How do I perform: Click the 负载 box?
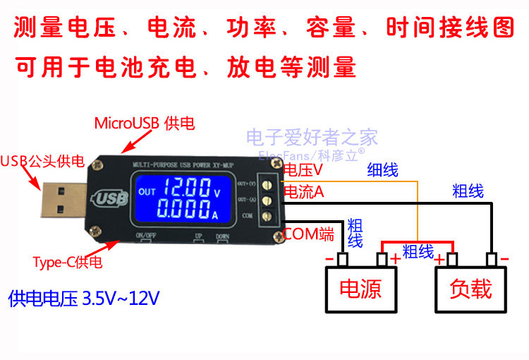(471, 289)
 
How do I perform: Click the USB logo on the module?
(111, 198)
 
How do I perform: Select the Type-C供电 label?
(67, 263)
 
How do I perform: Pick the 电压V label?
(303, 170)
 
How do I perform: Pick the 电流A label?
(303, 191)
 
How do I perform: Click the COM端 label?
(308, 234)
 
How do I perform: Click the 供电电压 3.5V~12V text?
(84, 299)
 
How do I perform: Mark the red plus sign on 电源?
(396, 259)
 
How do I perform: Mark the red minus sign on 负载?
(504, 259)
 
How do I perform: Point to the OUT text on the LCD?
(147, 192)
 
